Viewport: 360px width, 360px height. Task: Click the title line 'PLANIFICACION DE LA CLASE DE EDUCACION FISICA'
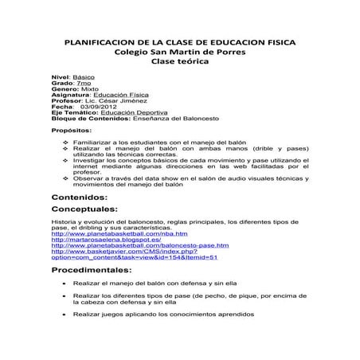tap(180, 41)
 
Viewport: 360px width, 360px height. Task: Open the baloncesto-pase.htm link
tap(140, 247)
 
